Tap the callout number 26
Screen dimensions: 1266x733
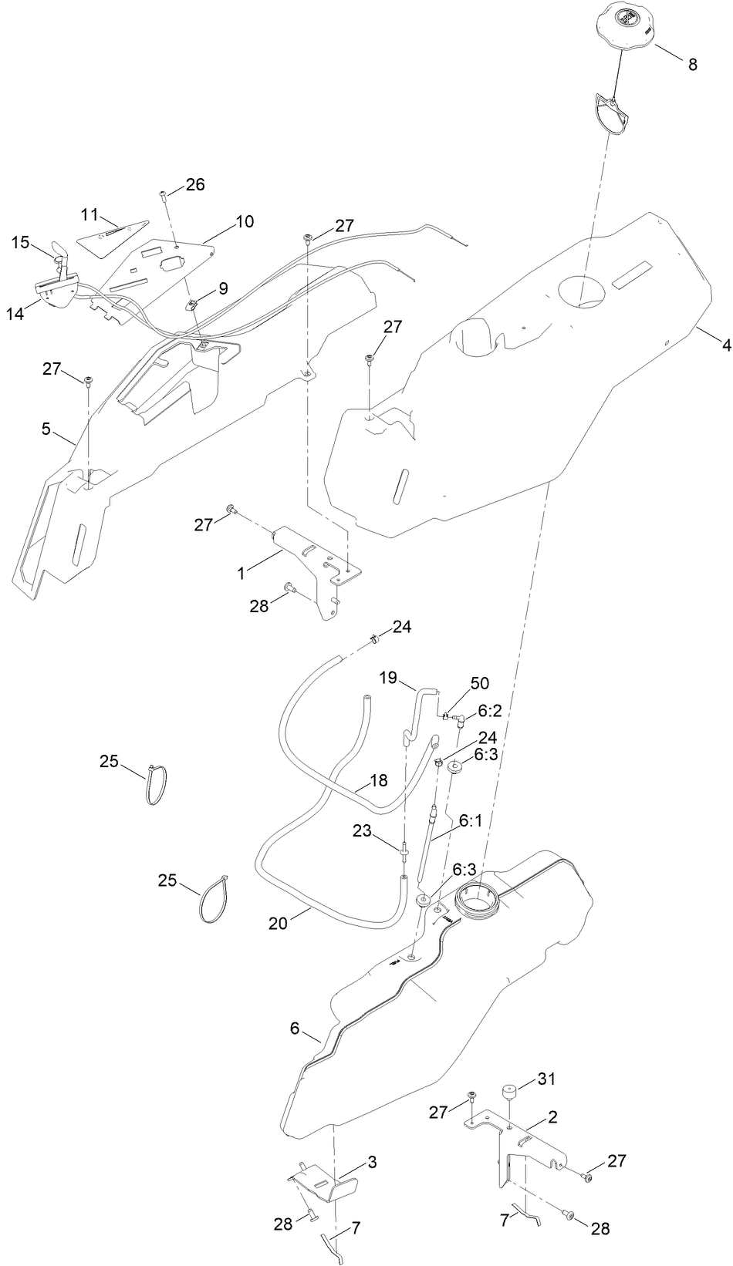(194, 185)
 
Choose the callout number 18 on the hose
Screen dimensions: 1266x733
(378, 780)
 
